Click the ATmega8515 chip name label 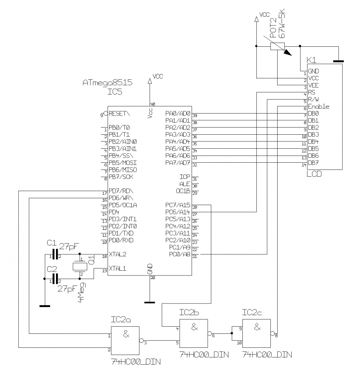point(107,83)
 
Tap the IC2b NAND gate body point(194,333)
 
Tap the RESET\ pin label point(119,113)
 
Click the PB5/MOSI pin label point(122,163)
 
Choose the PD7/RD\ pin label point(121,191)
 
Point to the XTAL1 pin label point(118,268)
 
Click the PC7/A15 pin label point(178,205)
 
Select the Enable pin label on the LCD point(318,107)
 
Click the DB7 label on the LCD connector point(313,163)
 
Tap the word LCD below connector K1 point(314,174)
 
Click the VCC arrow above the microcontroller point(150,81)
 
